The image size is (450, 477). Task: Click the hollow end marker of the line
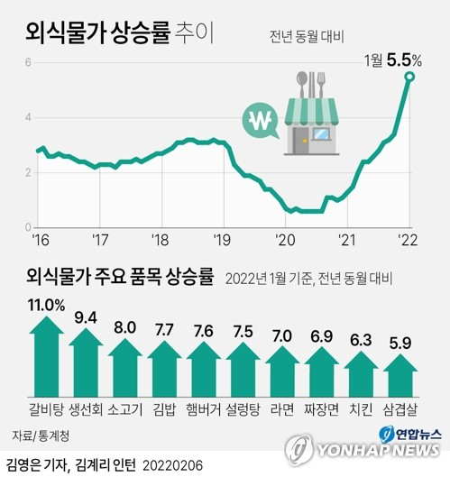click(409, 77)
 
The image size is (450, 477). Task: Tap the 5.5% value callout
click(404, 60)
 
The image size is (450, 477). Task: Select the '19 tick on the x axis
click(222, 241)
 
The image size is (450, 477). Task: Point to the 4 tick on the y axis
click(28, 117)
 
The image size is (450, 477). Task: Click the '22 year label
click(409, 241)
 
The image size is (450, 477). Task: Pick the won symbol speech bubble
click(261, 121)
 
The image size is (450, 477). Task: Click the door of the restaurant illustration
click(300, 141)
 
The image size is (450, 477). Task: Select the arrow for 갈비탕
click(46, 356)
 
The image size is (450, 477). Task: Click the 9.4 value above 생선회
click(86, 318)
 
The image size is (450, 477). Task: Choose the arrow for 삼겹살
click(400, 375)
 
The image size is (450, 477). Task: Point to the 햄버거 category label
click(204, 409)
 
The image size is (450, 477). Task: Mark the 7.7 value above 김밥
click(164, 330)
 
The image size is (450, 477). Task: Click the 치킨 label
click(361, 409)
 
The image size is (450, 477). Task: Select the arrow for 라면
click(282, 372)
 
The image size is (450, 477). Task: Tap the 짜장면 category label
click(322, 409)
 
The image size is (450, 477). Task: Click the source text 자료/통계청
click(41, 436)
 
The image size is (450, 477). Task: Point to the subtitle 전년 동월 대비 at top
click(307, 37)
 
